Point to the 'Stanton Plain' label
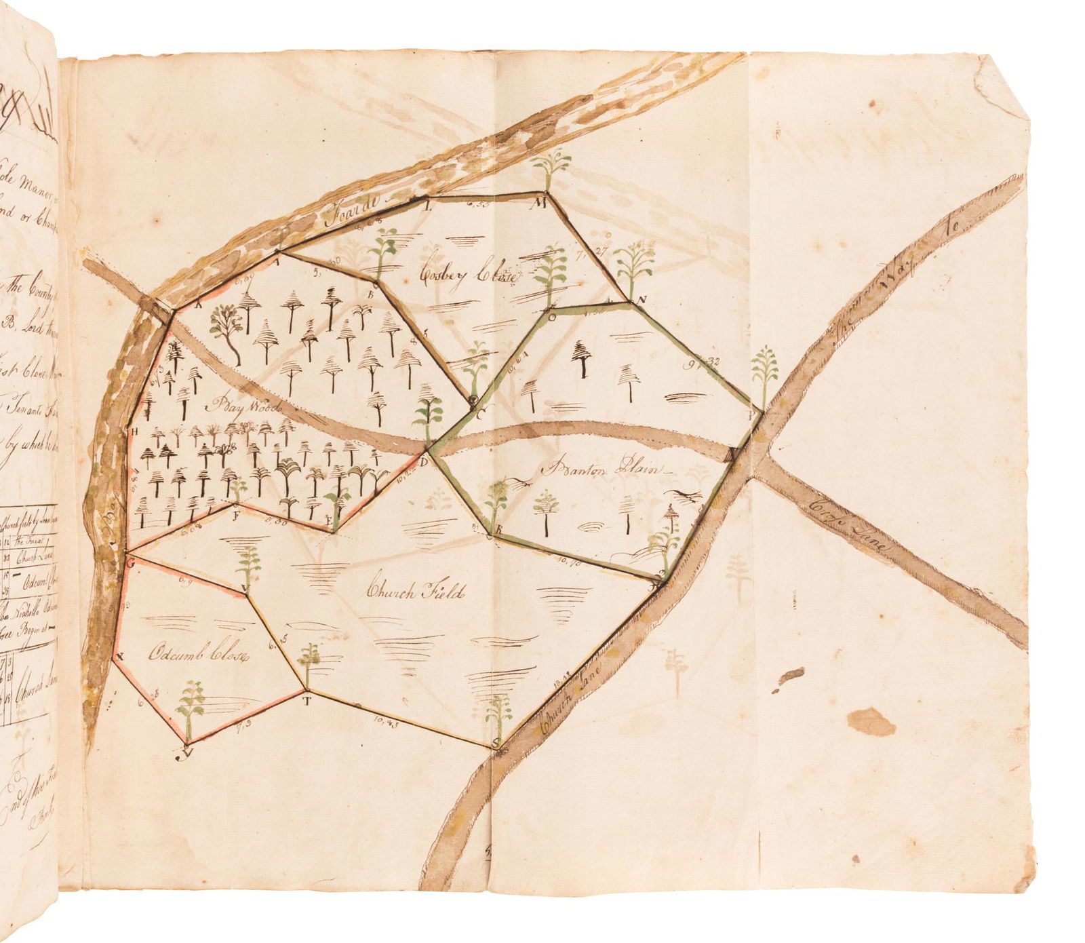(603, 469)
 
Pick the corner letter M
(541, 201)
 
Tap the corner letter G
(130, 562)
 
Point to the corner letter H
(133, 431)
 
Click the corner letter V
(245, 588)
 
